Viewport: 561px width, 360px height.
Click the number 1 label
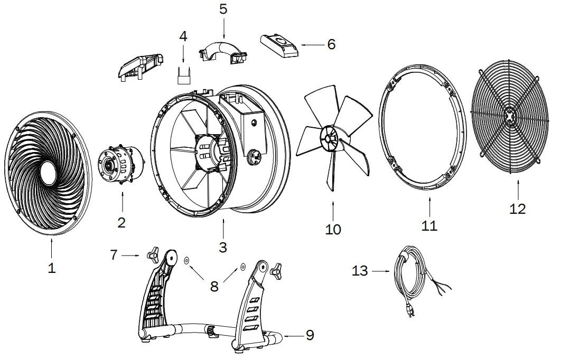51,268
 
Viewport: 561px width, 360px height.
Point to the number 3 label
223,247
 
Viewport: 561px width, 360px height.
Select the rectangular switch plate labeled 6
279,44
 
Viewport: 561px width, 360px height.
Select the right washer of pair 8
242,267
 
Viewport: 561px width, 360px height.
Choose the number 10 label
333,229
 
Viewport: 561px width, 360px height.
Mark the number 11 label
429,226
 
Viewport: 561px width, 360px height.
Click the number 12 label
518,209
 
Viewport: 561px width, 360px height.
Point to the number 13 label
361,271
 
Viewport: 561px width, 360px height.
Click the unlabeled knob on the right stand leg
275,271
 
